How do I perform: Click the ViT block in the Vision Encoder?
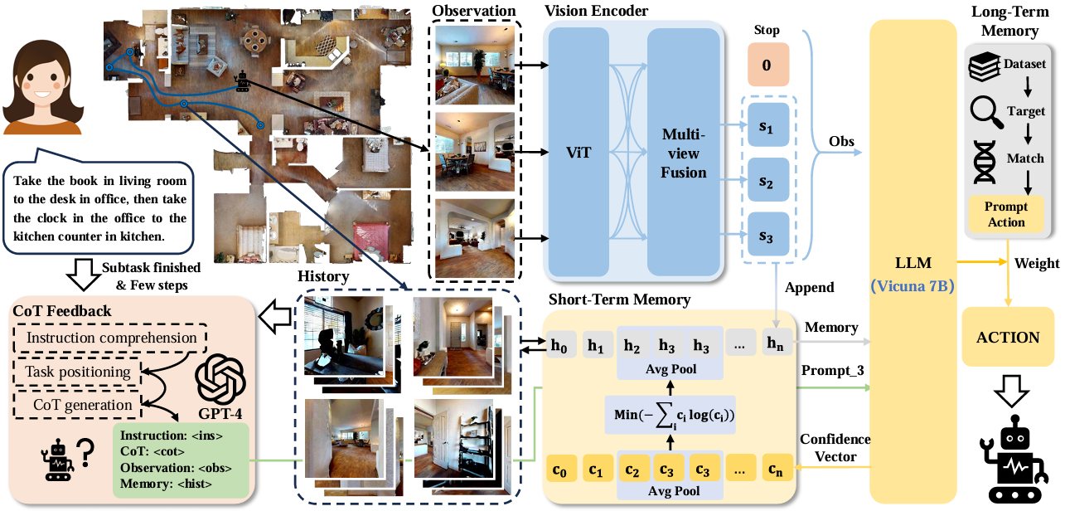coord(577,153)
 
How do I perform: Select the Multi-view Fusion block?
coord(684,153)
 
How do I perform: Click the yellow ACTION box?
coord(1009,338)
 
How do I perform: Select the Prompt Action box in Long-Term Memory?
coord(1007,214)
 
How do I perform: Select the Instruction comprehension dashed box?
coord(112,338)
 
